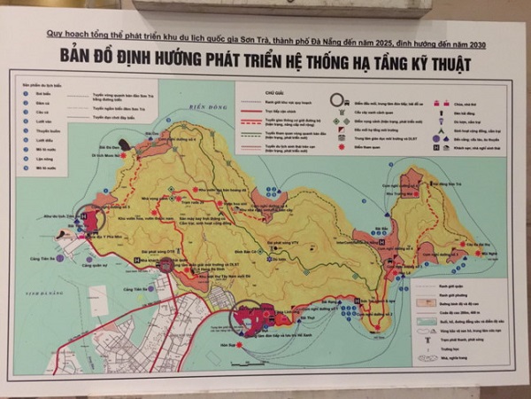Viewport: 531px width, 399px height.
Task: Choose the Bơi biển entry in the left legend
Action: click(34, 93)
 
